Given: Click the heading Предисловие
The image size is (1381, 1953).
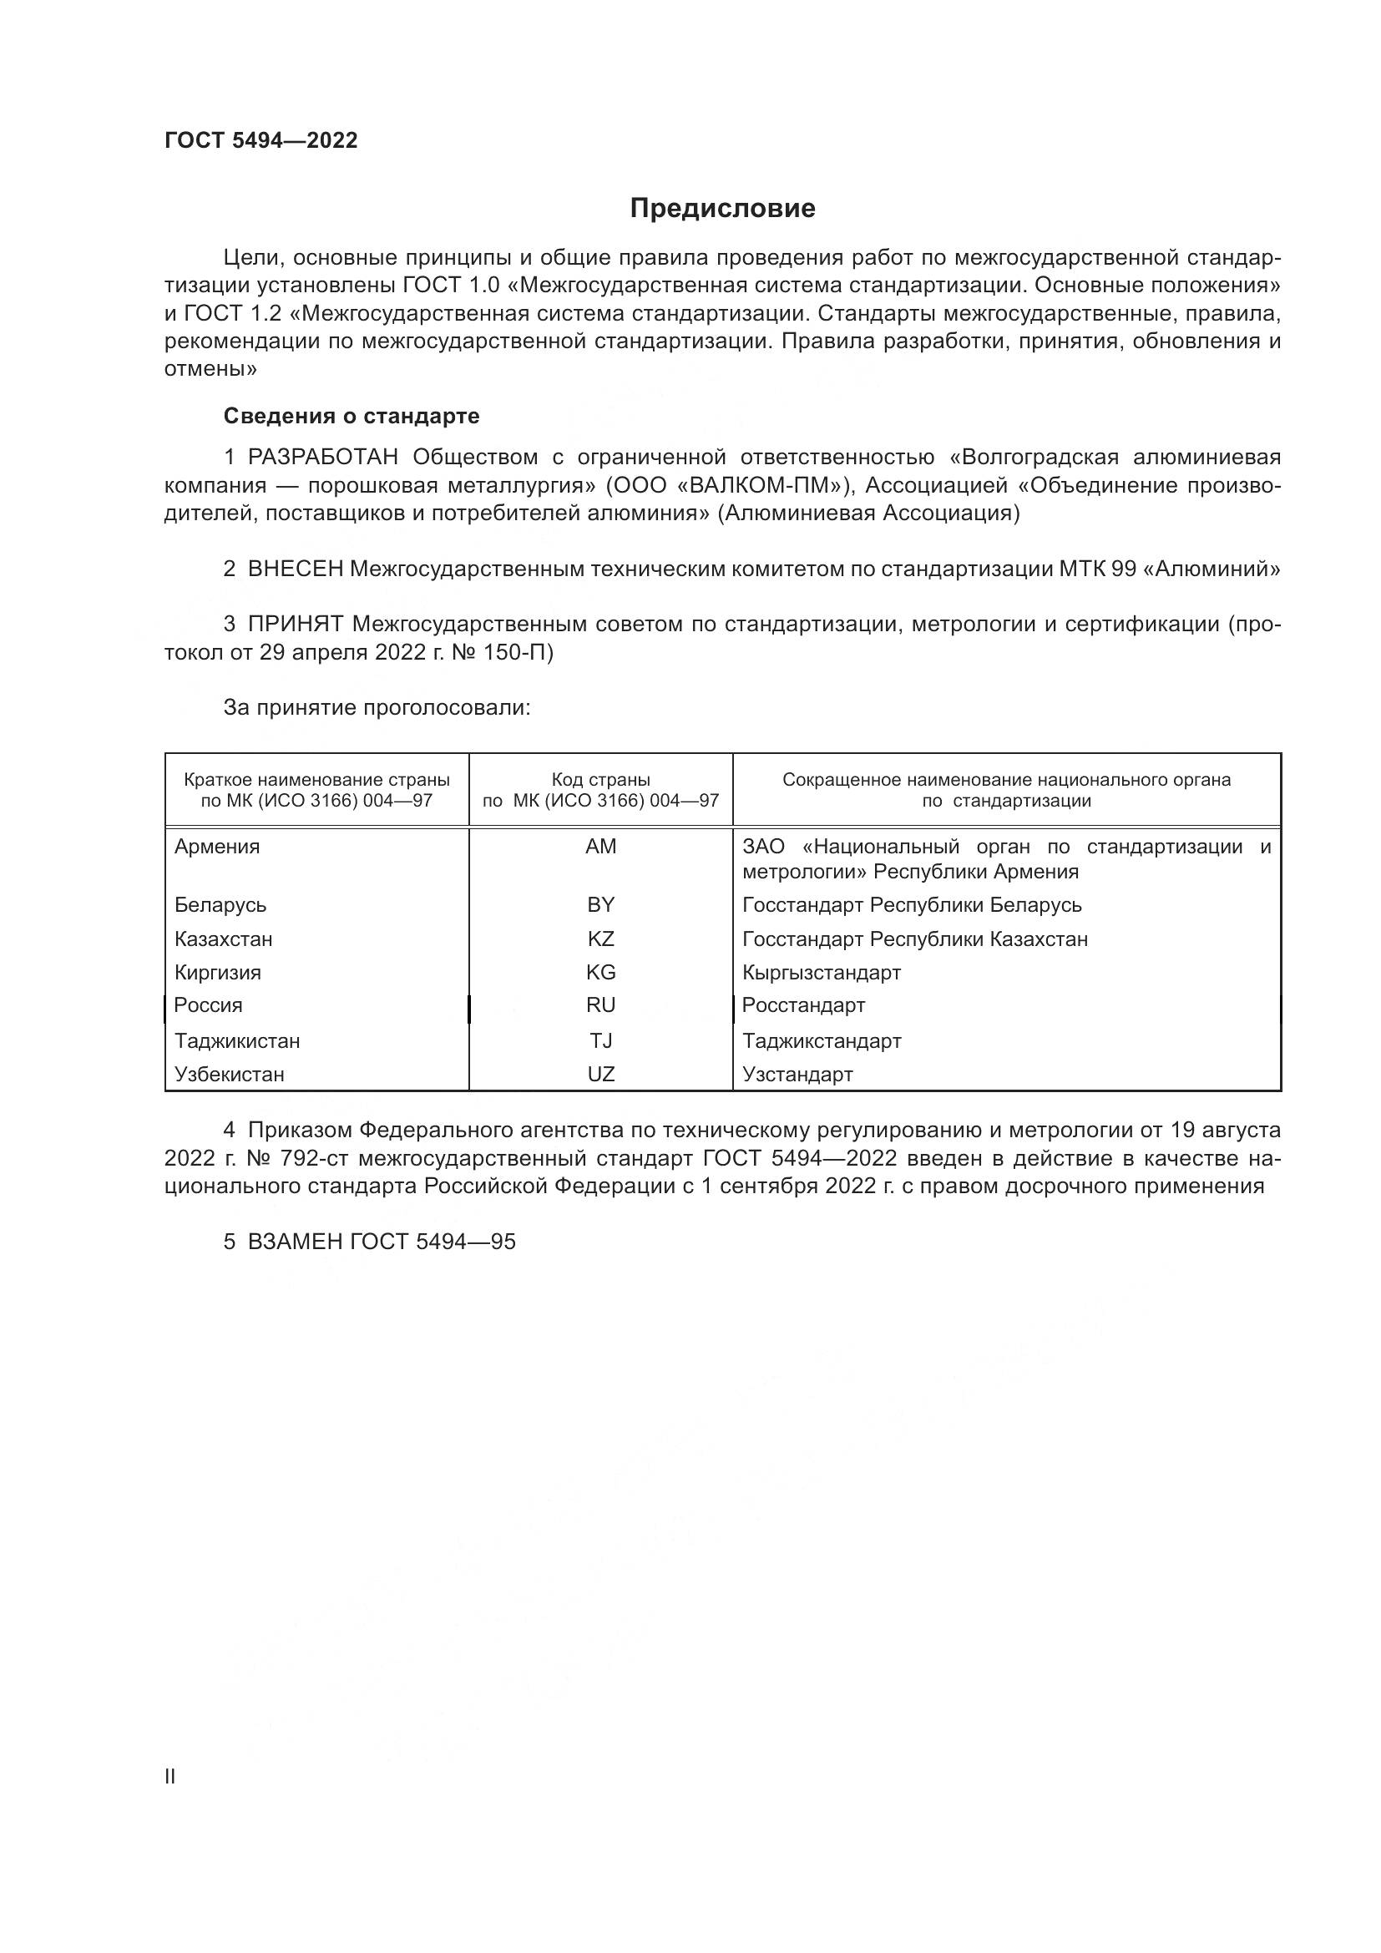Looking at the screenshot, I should pos(722,209).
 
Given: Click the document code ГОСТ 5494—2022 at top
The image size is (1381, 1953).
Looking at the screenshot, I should pos(261,140).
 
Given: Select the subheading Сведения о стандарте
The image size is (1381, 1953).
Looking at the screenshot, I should pos(352,416).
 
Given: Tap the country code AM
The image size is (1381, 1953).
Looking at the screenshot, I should pos(600,847).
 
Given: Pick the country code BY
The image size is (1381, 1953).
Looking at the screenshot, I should pos(600,904).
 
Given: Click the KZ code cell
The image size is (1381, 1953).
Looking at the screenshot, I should pos(600,939).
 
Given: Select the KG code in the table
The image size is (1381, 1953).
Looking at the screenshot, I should pos(600,972).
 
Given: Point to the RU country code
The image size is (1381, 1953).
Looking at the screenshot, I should pos(600,1005).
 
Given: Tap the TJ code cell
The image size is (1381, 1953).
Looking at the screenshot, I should pos(600,1041).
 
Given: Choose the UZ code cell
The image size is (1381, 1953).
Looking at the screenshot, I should pos(600,1075).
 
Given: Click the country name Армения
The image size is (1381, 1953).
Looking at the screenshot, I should pos(217,847).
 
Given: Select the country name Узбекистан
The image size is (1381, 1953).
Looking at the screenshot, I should pos(230,1075).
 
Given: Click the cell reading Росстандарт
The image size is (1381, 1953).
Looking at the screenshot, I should pos(803,1005).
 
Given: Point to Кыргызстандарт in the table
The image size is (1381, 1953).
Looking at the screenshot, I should pos(822,972).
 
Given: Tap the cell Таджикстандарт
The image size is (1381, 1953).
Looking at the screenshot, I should pos(822,1041).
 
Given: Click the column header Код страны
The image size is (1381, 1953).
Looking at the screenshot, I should pos(600,780).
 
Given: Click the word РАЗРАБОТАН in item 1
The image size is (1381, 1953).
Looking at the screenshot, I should pos(323,458).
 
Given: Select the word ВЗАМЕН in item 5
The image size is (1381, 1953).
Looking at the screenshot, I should pos(295,1242).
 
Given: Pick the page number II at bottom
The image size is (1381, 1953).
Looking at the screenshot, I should pos(170,1776).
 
